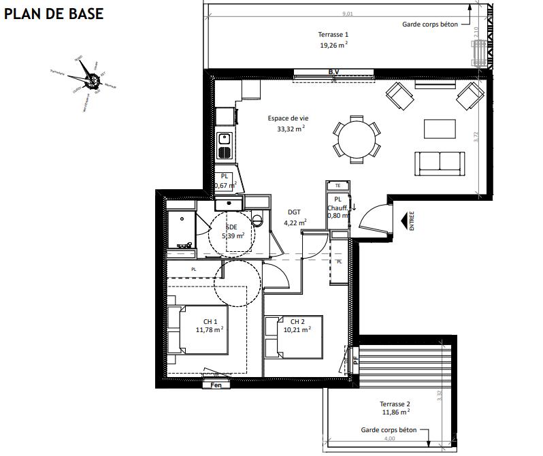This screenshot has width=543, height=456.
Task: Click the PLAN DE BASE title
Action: click(54, 14)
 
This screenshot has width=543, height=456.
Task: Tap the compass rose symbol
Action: click(87, 76)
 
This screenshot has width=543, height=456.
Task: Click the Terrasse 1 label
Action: click(333, 35)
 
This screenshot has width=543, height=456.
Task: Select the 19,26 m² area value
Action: click(333, 46)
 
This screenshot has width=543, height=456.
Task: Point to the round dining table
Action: click(356, 139)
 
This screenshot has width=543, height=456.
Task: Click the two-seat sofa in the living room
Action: click(441, 161)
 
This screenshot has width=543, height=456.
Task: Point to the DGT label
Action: click(294, 212)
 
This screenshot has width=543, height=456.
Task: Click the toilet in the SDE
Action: click(257, 221)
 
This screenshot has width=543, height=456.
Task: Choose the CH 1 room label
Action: click(210, 322)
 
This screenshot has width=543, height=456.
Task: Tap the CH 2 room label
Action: click(297, 322)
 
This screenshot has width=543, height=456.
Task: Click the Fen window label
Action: click(216, 385)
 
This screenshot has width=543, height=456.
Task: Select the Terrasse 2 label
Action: click(395, 404)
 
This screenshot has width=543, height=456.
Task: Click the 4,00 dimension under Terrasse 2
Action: click(390, 438)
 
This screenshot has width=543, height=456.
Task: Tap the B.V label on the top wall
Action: click(333, 71)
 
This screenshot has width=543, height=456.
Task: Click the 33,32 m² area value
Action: click(291, 128)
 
